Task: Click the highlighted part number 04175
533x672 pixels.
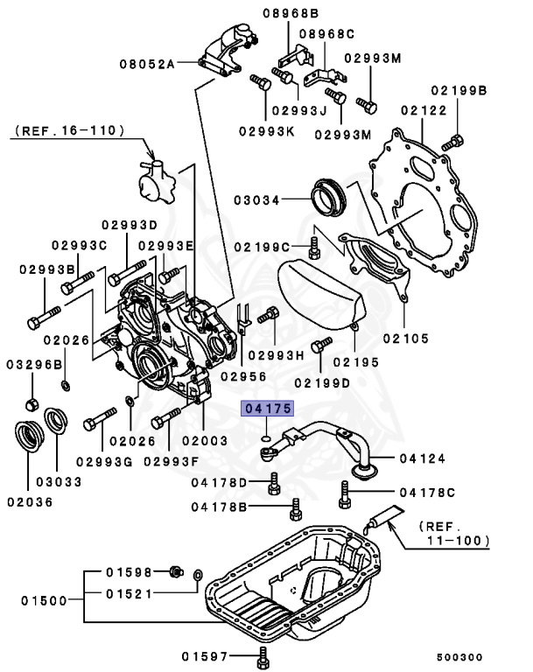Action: [x=269, y=409]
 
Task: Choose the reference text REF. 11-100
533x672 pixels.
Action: [x=453, y=534]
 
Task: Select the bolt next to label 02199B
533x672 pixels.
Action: [x=452, y=140]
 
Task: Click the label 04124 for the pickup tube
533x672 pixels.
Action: [x=424, y=458]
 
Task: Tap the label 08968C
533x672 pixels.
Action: [x=326, y=33]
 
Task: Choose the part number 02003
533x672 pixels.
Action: [x=204, y=442]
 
